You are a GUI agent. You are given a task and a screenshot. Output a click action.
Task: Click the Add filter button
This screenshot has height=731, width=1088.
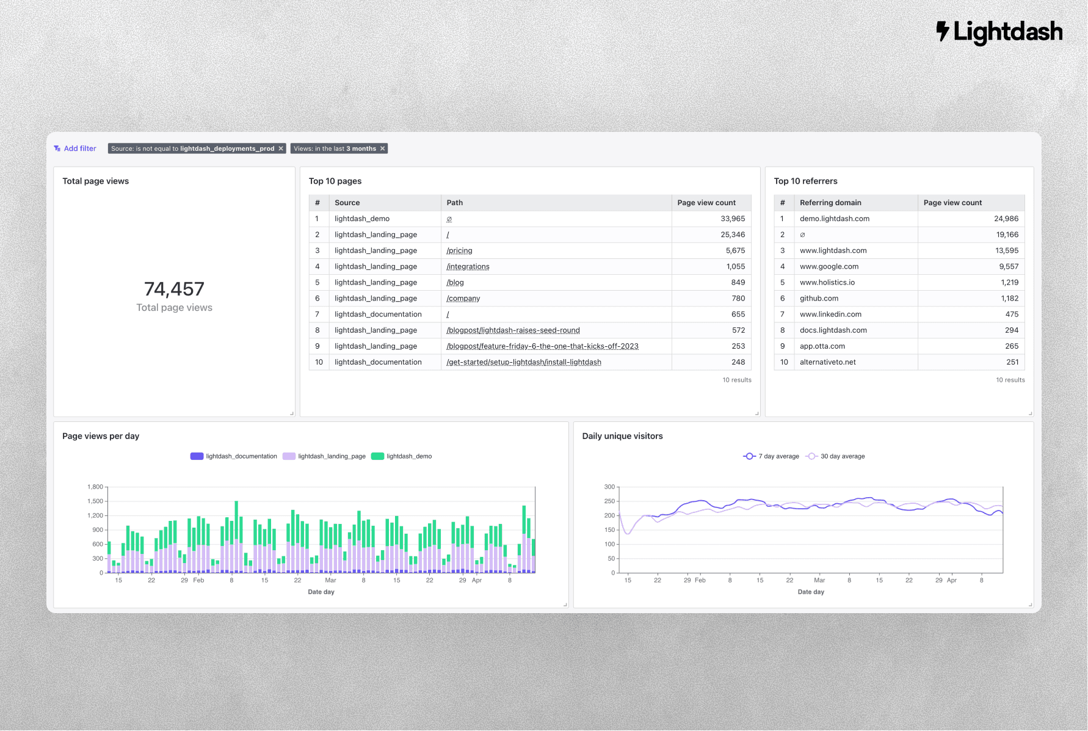click(x=75, y=148)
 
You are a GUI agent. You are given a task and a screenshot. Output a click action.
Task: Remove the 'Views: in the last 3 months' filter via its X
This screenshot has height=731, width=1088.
click(x=383, y=148)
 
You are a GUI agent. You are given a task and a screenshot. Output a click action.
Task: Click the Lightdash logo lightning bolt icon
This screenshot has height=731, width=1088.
click(x=943, y=31)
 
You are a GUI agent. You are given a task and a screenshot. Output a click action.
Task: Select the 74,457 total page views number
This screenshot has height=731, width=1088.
click(x=174, y=289)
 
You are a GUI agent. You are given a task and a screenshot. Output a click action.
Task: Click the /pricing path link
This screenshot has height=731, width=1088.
click(x=459, y=250)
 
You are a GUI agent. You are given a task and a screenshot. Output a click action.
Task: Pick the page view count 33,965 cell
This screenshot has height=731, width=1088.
click(x=733, y=219)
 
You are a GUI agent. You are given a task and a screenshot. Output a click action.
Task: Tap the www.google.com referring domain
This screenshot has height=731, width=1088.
click(x=829, y=266)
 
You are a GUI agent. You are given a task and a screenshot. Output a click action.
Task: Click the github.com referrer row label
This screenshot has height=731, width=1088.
click(x=819, y=299)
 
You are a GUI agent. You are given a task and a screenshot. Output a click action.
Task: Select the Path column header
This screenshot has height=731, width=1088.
click(x=455, y=203)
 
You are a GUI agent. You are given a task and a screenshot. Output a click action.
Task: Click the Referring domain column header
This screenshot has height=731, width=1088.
click(x=830, y=203)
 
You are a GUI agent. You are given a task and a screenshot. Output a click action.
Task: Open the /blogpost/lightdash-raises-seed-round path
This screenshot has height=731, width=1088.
click(x=513, y=330)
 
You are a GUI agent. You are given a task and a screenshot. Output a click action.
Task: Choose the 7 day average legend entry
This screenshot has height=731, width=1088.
click(x=771, y=456)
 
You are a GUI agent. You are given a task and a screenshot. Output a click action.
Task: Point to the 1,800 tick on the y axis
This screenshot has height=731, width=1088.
click(x=95, y=487)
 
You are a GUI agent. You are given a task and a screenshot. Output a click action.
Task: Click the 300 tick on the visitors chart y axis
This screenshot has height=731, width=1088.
click(x=609, y=487)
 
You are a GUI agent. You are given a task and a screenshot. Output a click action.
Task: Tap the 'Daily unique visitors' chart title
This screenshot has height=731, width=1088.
click(x=622, y=436)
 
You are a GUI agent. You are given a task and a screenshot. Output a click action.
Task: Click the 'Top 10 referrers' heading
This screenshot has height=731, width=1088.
click(x=805, y=181)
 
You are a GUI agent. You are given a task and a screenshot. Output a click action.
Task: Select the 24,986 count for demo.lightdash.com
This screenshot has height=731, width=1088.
click(x=1006, y=219)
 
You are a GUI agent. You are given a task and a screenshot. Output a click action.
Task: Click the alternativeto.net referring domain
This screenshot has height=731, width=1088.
click(x=828, y=362)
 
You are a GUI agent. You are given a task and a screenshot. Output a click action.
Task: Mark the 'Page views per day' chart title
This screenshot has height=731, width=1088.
click(x=101, y=436)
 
